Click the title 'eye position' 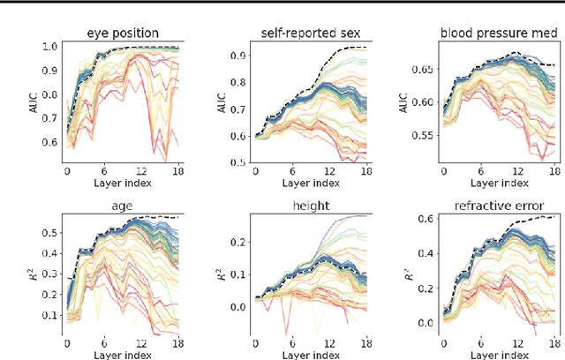[123, 34]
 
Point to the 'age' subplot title [122, 205]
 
